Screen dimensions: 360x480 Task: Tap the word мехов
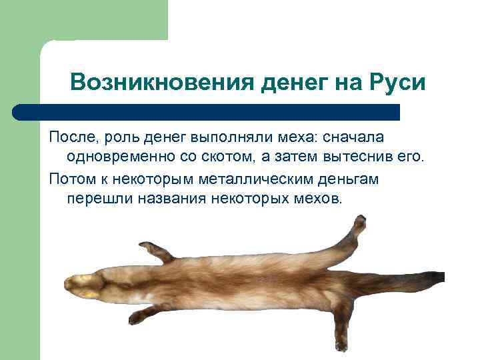pos(317,199)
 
